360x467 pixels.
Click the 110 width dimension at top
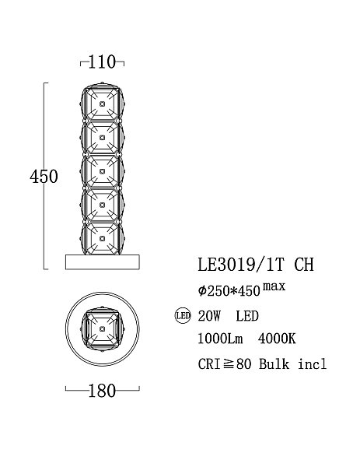(102, 62)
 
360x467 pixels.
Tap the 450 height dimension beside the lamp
(44, 177)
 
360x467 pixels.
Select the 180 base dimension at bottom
(102, 391)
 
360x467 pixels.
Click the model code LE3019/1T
(241, 264)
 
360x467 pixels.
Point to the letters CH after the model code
(304, 264)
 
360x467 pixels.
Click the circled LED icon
(183, 316)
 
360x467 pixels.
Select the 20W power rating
(209, 316)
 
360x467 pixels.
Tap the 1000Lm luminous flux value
(220, 339)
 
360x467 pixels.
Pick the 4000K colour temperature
(277, 339)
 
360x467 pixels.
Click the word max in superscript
(274, 286)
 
